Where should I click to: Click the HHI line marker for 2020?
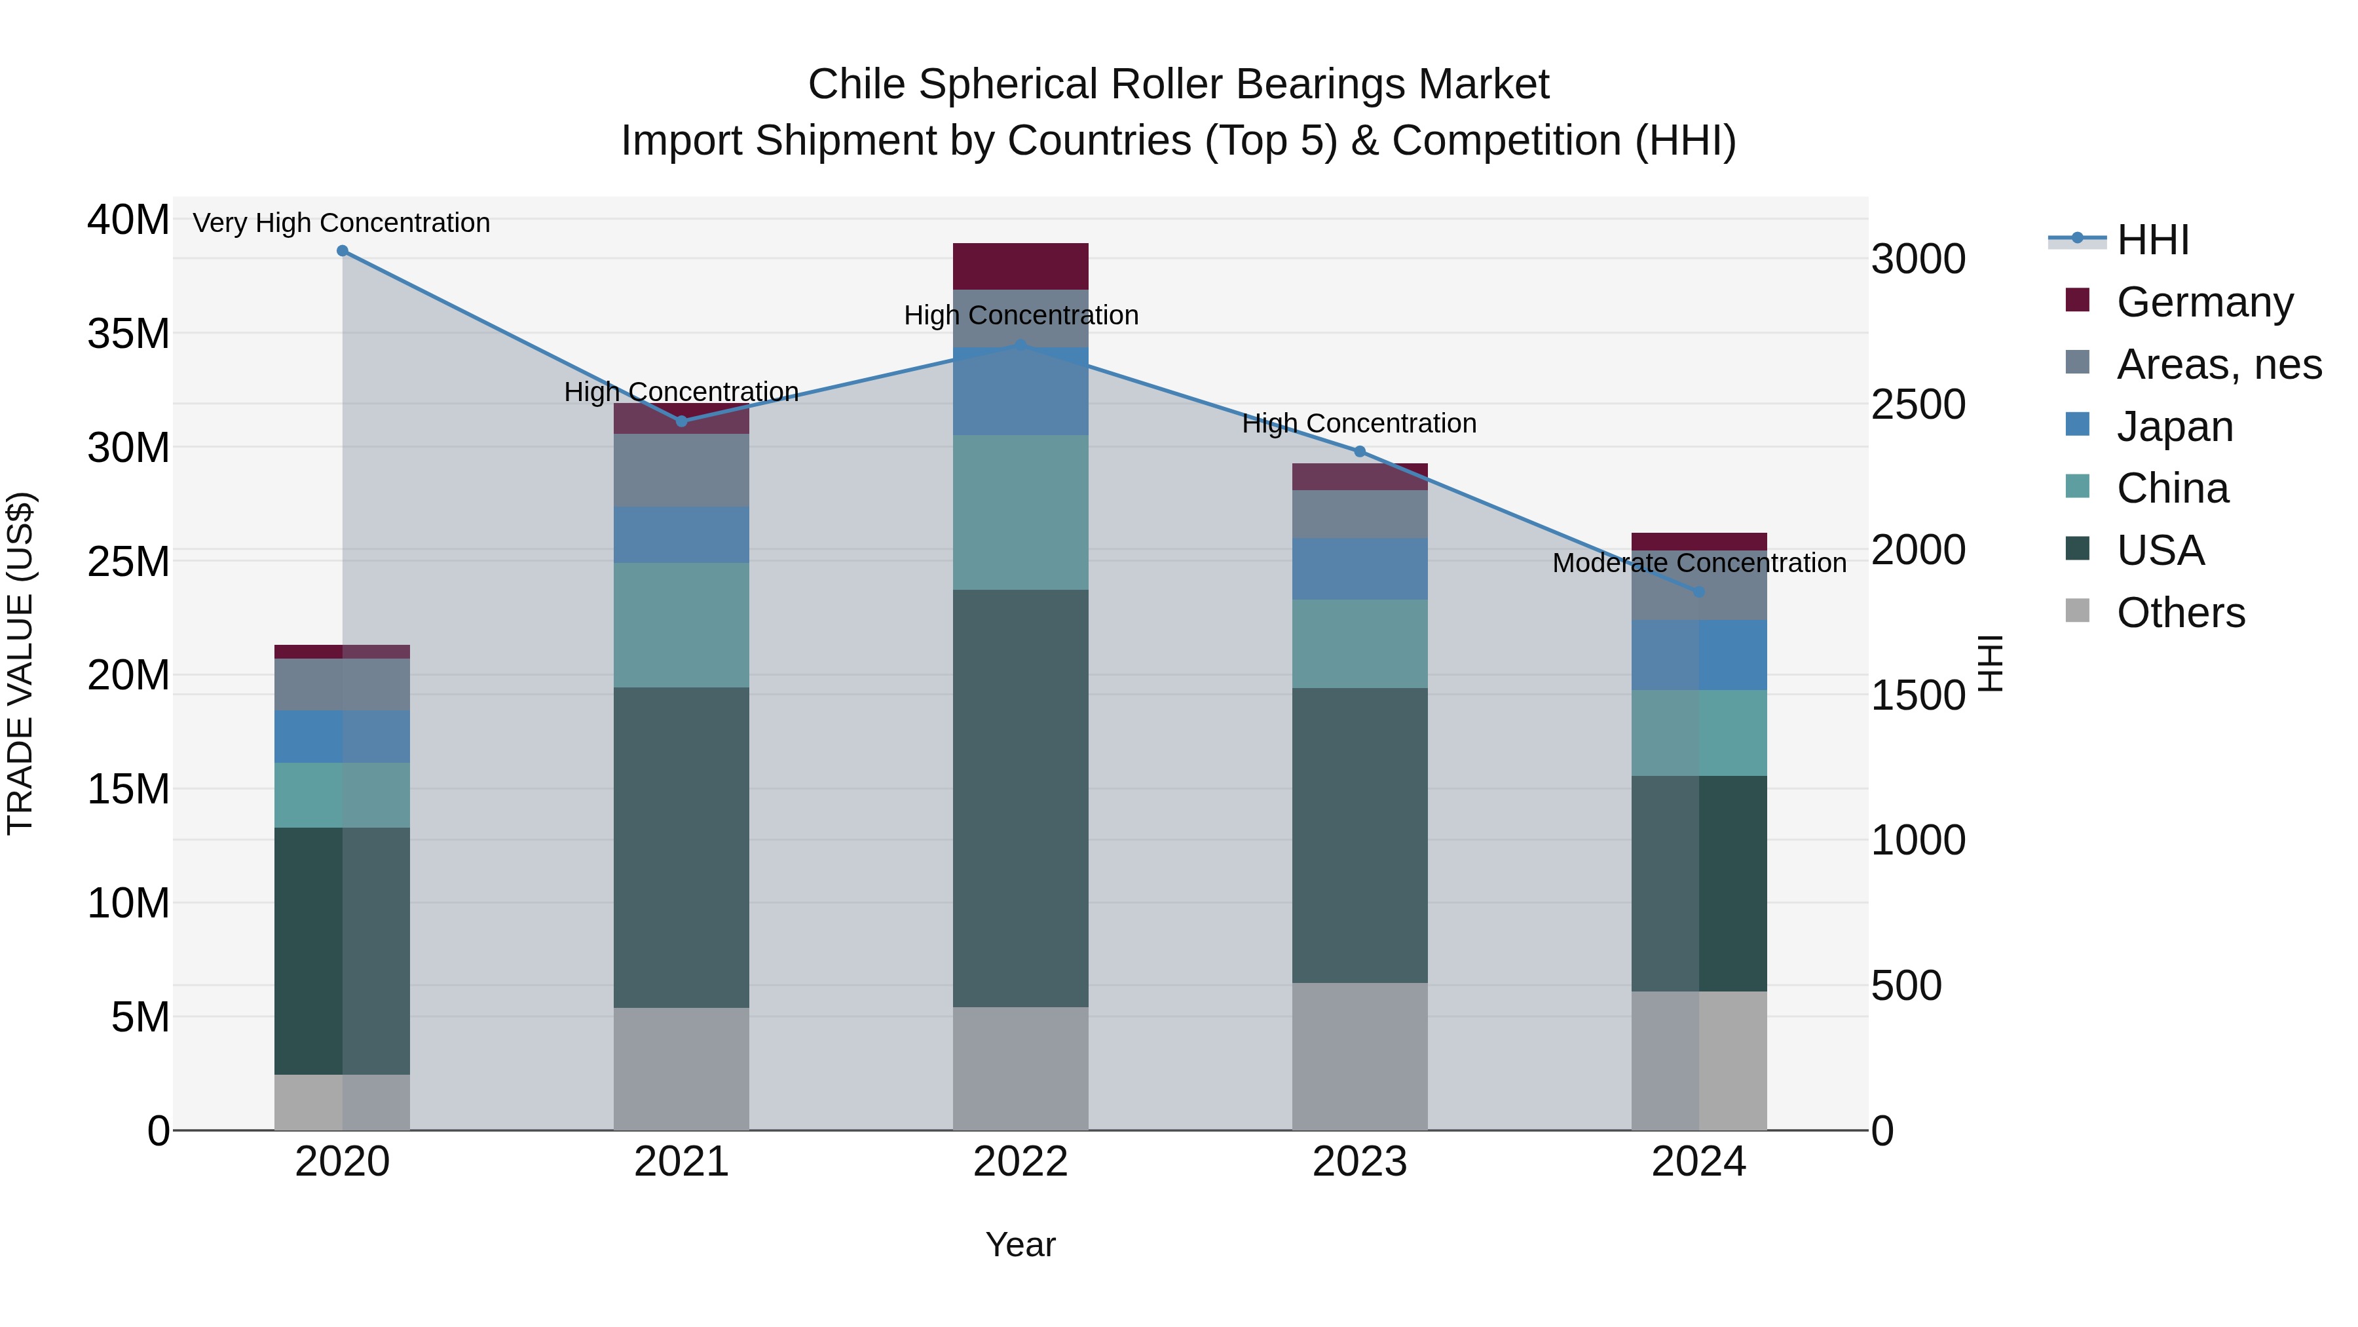click(343, 251)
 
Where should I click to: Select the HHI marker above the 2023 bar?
click(1359, 452)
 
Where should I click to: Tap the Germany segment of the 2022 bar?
click(1020, 267)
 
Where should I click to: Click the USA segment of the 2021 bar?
click(681, 847)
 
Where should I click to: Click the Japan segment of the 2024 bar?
click(1699, 655)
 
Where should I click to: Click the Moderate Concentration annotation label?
click(1699, 563)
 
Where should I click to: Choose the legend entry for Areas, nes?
click(2219, 364)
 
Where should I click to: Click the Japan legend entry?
click(2175, 427)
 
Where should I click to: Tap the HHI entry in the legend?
click(2152, 240)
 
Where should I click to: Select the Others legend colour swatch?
click(2078, 611)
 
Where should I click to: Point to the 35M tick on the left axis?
click(128, 334)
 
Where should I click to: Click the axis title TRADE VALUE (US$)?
click(20, 663)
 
